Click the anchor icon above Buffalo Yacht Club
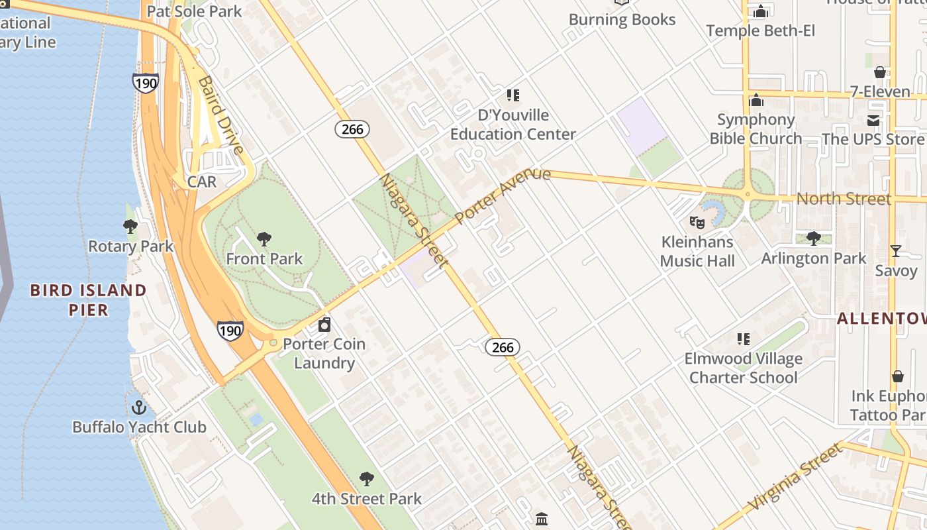[x=138, y=407]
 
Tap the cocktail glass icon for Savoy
[x=896, y=250]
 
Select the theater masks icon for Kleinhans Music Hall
[x=697, y=222]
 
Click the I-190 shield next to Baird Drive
[x=145, y=82]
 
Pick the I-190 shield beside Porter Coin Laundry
[x=230, y=330]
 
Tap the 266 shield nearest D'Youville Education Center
[x=352, y=129]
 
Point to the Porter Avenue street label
[x=503, y=195]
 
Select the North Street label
[x=843, y=199]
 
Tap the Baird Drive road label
[x=221, y=114]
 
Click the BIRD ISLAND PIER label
[x=88, y=300]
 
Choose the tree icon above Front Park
[x=264, y=238]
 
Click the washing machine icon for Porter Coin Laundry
[x=324, y=325]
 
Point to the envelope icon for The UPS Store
[x=873, y=120]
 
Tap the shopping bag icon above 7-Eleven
[x=880, y=72]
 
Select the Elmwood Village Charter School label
[x=743, y=368]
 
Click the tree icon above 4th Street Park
[x=366, y=478]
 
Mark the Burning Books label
[x=622, y=20]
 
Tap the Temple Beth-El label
[x=760, y=30]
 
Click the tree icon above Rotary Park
[x=130, y=227]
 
